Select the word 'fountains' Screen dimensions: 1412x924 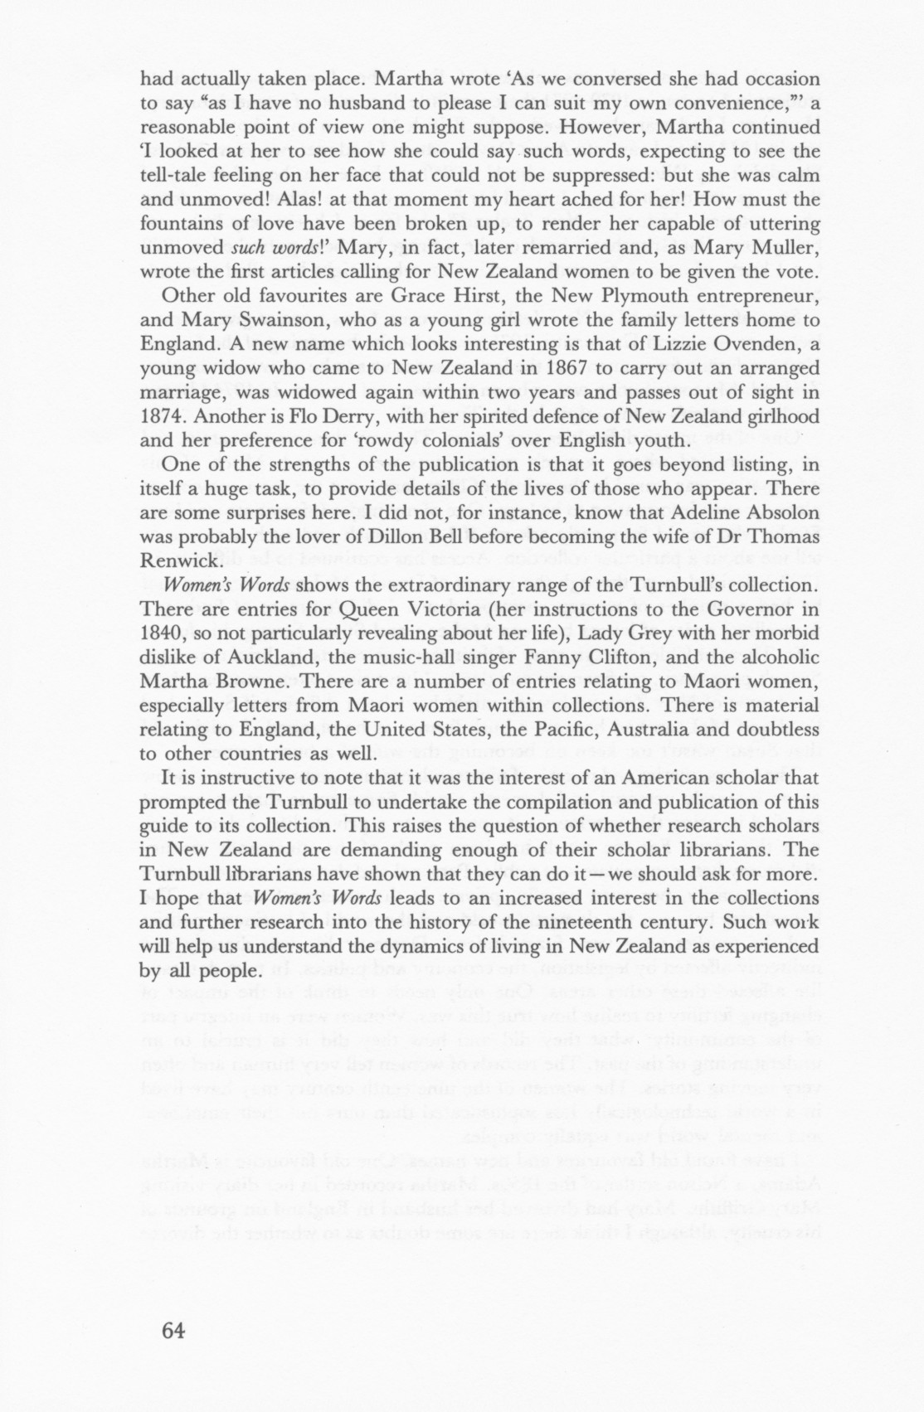coord(179,223)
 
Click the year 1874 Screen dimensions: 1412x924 coord(166,416)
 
